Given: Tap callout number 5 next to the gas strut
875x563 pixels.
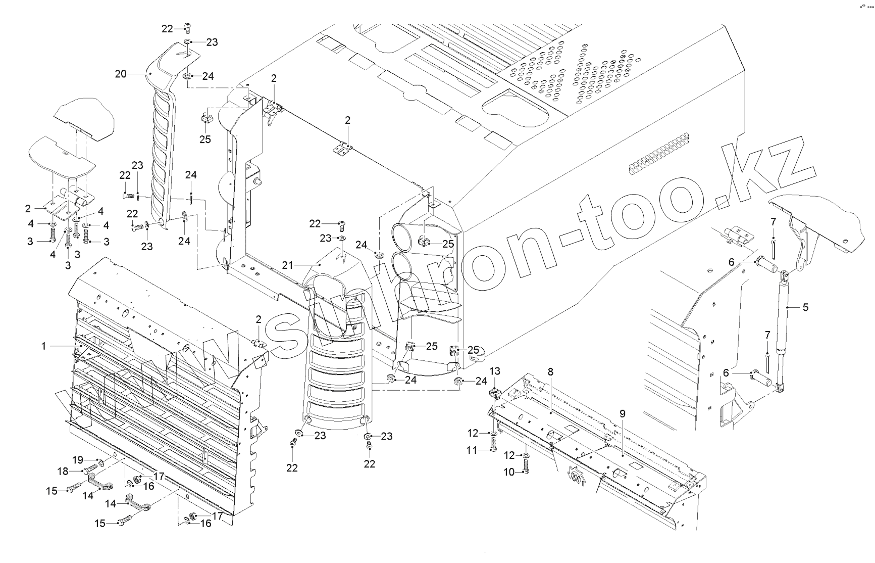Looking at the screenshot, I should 805,307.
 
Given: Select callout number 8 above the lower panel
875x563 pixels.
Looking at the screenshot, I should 550,371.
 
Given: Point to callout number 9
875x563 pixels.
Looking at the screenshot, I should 622,413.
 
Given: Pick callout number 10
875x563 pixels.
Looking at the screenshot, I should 509,472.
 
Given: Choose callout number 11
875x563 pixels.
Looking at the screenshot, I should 471,449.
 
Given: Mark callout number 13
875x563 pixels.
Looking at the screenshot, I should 495,372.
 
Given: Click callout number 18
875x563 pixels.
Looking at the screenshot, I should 63,471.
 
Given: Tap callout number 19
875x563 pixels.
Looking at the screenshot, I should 77,460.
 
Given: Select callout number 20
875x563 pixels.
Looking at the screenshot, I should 121,74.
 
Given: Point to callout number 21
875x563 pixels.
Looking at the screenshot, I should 287,265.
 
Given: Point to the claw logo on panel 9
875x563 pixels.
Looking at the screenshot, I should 577,475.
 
